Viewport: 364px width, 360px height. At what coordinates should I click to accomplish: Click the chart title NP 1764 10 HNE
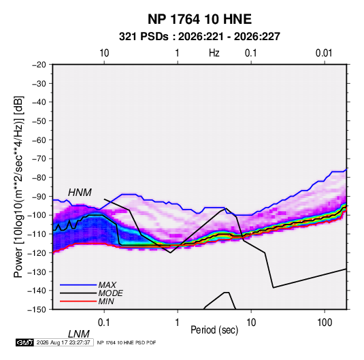[199, 19]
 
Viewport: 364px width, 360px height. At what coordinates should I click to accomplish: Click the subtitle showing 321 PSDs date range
[199, 37]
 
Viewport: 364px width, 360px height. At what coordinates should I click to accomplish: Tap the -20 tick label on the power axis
[39, 65]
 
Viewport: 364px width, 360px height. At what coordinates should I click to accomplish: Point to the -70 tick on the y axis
[39, 159]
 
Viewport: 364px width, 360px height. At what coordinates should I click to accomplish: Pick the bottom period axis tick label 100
[325, 323]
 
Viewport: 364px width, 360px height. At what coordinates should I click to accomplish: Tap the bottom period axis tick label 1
[178, 323]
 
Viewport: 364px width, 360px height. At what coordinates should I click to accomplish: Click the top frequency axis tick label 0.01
[324, 53]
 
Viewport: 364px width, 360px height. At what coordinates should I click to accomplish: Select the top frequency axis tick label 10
[104, 53]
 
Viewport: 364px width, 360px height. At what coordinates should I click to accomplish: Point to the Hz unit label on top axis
[214, 53]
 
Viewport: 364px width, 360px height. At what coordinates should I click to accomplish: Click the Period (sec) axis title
[214, 330]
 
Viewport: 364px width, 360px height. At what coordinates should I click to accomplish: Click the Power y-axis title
[18, 187]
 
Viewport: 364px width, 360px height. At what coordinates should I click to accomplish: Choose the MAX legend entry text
[107, 285]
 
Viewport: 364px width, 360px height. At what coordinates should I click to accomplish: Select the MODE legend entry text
[110, 293]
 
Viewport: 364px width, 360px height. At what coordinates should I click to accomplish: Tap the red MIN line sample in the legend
[78, 301]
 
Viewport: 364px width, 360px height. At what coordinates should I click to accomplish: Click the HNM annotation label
[80, 193]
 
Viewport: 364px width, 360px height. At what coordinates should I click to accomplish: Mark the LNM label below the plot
[78, 334]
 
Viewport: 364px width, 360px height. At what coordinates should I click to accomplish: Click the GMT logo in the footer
[25, 342]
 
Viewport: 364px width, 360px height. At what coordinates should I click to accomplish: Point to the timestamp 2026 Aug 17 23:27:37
[63, 342]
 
